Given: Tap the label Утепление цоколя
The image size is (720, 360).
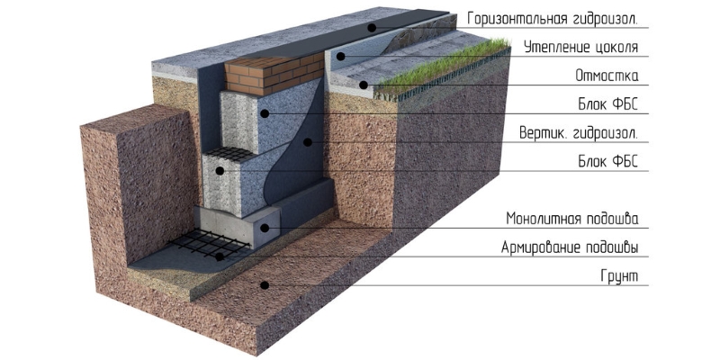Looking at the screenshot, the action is (580, 48).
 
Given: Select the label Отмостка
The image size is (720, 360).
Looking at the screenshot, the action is (607, 76).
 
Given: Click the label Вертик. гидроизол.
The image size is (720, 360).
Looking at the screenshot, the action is (579, 133).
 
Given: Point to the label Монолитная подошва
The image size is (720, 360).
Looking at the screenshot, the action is (572, 219).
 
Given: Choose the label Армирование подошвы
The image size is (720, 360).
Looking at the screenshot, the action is (570, 248).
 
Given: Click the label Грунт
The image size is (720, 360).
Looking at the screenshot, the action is (619, 276).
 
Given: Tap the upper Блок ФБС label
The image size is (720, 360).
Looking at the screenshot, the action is (608, 104).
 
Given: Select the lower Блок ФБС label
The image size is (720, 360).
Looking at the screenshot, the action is (608, 162).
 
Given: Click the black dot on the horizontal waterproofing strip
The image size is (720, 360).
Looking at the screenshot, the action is (372, 28).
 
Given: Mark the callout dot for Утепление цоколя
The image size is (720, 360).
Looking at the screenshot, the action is (341, 57).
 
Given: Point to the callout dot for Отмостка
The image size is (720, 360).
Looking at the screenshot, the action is (364, 85).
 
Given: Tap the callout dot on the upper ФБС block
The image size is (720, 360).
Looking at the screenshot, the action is (265, 113).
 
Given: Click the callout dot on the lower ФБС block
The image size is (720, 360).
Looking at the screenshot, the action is (220, 171).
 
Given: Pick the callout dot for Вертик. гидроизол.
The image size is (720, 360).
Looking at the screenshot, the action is (308, 142).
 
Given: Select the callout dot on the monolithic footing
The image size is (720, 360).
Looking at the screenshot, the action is (265, 228).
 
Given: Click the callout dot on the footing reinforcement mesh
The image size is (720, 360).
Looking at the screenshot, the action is (220, 256).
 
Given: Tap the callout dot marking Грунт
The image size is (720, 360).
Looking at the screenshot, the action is (265, 285).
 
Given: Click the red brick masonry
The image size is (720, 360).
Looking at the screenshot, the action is (274, 75).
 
